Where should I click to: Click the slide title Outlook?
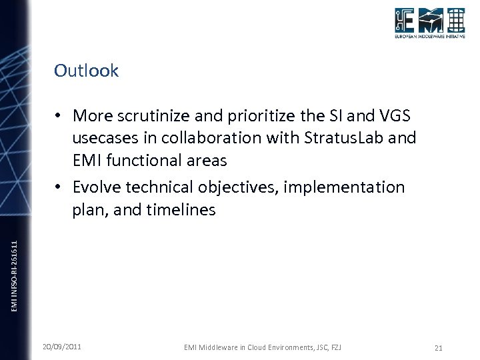[86, 71]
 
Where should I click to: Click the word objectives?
[241, 187]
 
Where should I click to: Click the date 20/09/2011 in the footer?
[63, 347]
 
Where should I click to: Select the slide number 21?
[438, 347]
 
